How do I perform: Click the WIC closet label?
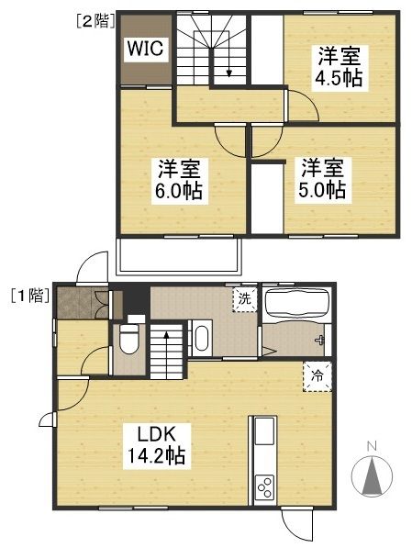[146, 49]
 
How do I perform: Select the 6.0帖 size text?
[179, 192]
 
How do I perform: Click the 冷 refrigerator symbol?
[315, 375]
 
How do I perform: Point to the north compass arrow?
[372, 475]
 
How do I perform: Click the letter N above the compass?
[372, 447]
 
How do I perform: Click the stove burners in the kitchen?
[263, 486]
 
